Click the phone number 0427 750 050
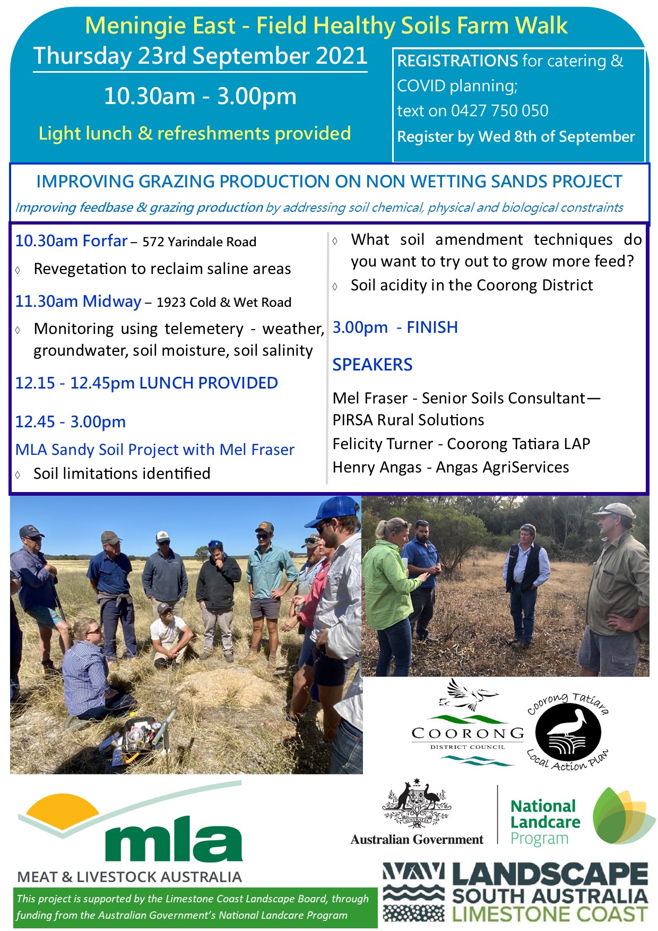499,110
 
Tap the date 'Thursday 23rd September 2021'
200,56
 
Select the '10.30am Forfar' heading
71,241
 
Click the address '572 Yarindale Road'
200,242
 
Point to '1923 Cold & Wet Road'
224,303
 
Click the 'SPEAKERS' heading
373,365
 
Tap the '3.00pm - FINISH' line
395,327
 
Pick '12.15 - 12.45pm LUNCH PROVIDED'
146,383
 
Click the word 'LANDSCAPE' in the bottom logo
550,874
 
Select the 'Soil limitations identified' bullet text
122,473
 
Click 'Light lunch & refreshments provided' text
195,133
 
